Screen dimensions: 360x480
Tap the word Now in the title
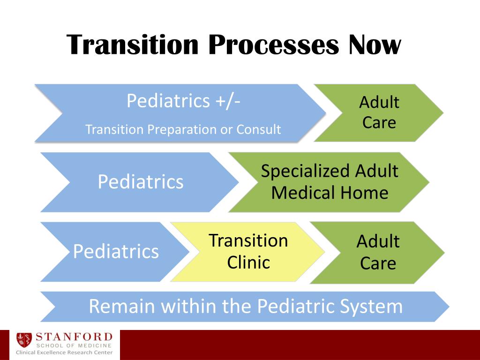pyautogui.click(x=375, y=45)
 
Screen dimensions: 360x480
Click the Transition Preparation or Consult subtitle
pyautogui.click(x=183, y=129)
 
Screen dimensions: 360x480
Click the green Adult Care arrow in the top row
pyautogui.click(x=379, y=112)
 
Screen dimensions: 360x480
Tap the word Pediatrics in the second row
pyautogui.click(x=140, y=182)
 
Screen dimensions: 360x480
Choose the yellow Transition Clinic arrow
pyautogui.click(x=248, y=252)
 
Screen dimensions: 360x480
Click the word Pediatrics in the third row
pyautogui.click(x=116, y=252)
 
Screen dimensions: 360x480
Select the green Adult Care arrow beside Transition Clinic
pyautogui.click(x=378, y=252)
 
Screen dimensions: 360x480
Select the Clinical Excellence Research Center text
pyautogui.click(x=64, y=352)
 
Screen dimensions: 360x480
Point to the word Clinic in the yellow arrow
pyautogui.click(x=248, y=262)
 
